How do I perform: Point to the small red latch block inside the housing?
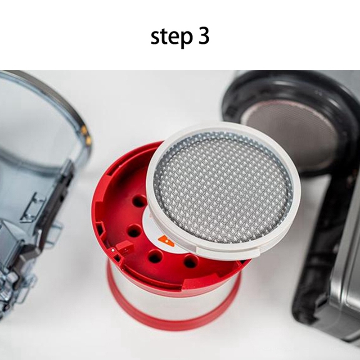click(125, 247)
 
